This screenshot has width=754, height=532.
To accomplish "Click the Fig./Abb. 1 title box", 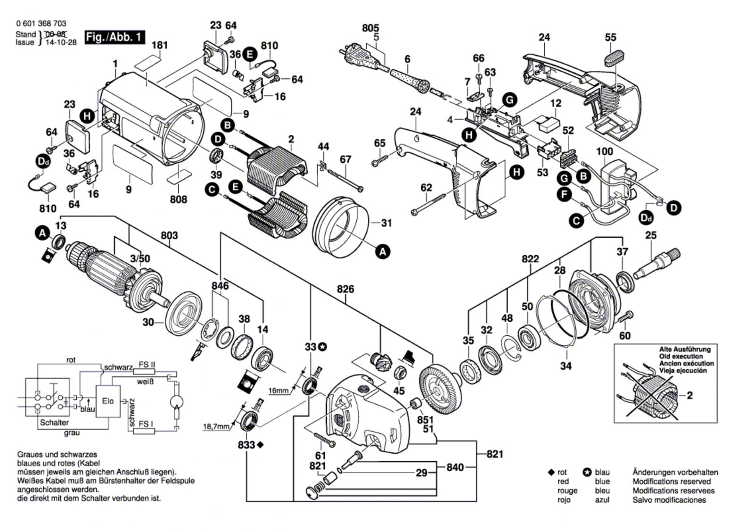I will pyautogui.click(x=115, y=37).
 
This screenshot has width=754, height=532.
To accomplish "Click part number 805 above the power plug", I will pyautogui.click(x=370, y=28).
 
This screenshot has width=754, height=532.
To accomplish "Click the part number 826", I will pyautogui.click(x=345, y=289).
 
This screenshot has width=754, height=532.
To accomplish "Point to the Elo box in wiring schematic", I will pyautogui.click(x=108, y=401).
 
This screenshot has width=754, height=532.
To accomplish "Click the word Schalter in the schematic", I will pyautogui.click(x=54, y=423).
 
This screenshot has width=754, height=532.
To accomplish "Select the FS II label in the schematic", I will pyautogui.click(x=147, y=365).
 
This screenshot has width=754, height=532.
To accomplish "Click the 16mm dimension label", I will pyautogui.click(x=278, y=391).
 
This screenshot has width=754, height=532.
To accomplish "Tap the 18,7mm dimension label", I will pyautogui.click(x=216, y=427).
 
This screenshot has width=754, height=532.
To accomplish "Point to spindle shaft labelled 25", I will pyautogui.click(x=656, y=264).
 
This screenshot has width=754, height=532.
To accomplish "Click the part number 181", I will pyautogui.click(x=160, y=45).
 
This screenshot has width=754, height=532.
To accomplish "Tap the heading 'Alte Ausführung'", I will pyautogui.click(x=684, y=349).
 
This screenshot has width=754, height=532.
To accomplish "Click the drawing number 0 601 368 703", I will pyautogui.click(x=41, y=24).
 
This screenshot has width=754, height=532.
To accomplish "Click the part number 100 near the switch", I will pyautogui.click(x=605, y=151).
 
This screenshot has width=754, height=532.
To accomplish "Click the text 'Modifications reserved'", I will pyautogui.click(x=672, y=482).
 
